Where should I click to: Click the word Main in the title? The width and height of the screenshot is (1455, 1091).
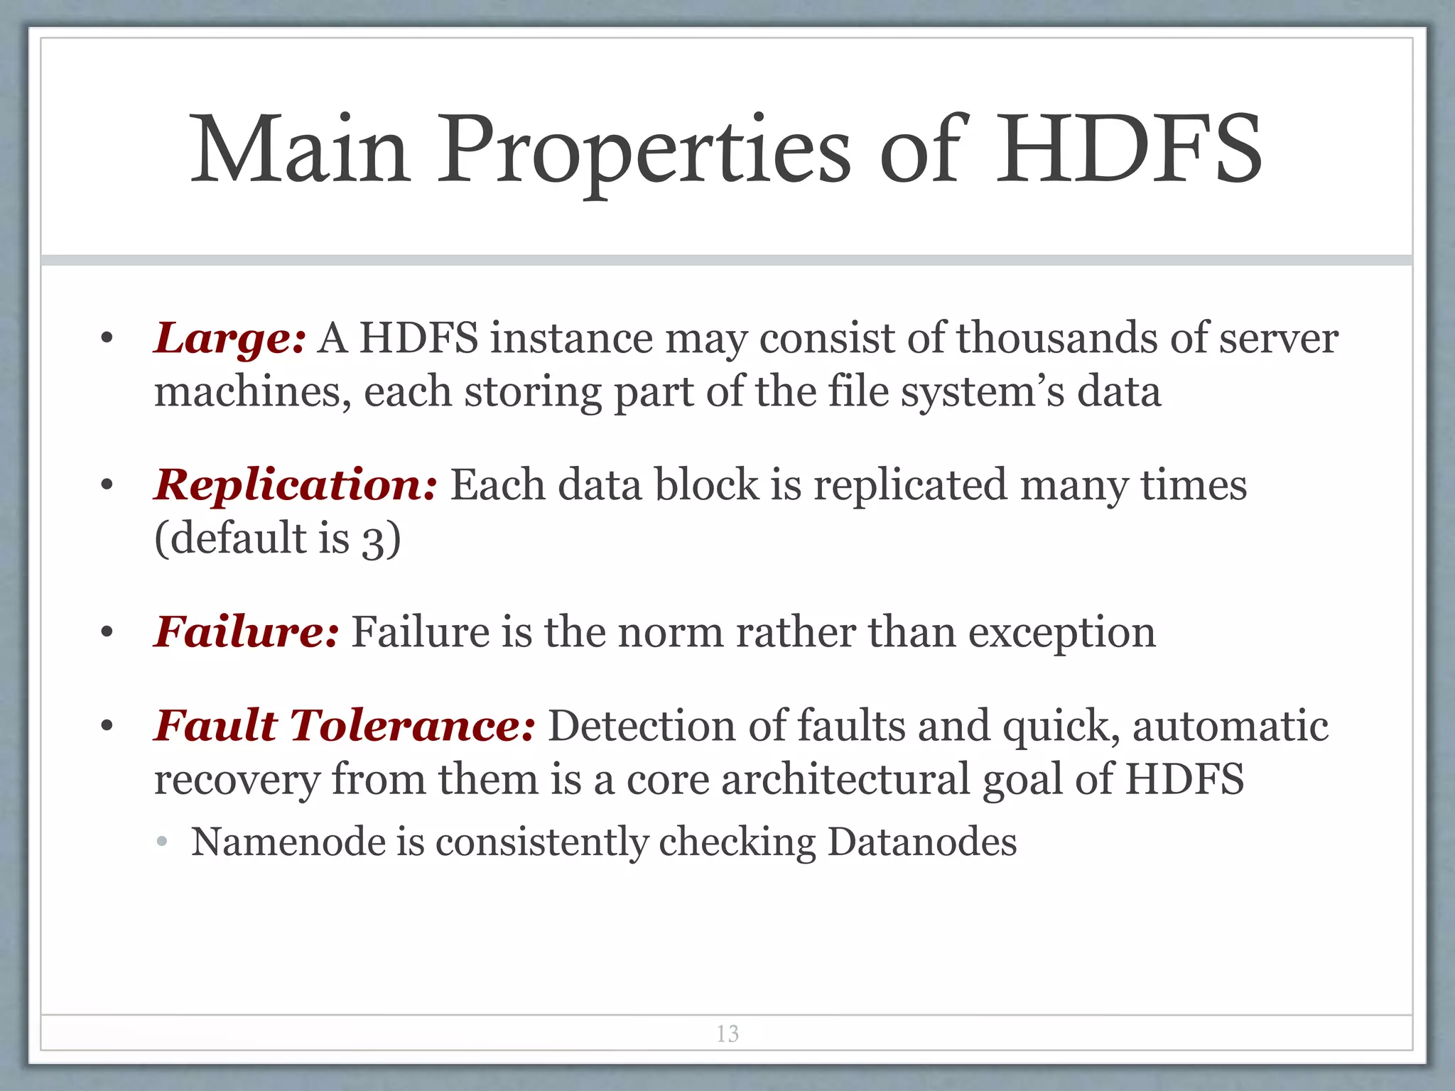tap(301, 150)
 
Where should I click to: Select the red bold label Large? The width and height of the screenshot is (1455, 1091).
tap(229, 339)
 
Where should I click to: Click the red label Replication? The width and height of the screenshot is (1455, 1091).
tap(295, 486)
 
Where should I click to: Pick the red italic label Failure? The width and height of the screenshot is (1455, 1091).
tap(247, 632)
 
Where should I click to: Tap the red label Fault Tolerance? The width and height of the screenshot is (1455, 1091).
tap(345, 727)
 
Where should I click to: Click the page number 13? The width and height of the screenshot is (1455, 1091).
tap(727, 1033)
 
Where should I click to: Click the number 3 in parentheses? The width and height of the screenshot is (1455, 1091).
tap(373, 540)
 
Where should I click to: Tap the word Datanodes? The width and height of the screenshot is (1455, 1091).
tap(921, 842)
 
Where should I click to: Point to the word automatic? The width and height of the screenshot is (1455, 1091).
tap(1230, 727)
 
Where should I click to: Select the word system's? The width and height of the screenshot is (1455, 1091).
tap(983, 393)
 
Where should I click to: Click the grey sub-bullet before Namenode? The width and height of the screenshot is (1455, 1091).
tap(162, 842)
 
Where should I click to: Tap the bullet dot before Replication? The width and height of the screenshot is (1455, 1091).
tap(107, 487)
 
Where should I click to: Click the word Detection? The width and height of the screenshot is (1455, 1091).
tap(642, 727)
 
